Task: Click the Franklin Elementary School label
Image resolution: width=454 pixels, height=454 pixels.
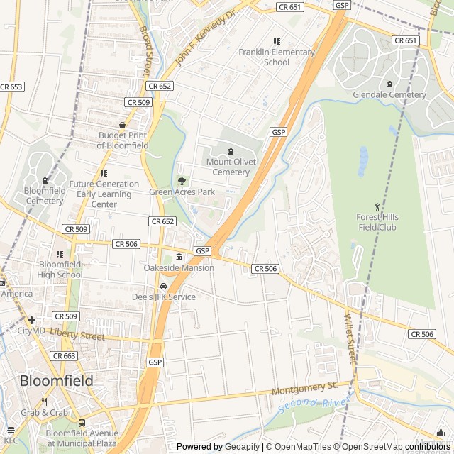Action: click(276, 57)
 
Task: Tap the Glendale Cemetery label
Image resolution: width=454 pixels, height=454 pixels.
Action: click(389, 94)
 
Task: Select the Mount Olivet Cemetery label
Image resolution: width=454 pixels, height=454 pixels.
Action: click(231, 167)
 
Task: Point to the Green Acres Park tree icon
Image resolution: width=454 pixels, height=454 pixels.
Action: click(182, 181)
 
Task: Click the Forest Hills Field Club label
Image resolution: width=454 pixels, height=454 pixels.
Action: click(377, 222)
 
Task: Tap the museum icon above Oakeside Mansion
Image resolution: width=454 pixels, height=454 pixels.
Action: click(179, 257)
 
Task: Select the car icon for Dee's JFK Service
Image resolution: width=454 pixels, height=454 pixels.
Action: click(163, 287)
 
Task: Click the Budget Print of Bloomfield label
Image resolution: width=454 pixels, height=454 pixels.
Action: click(123, 140)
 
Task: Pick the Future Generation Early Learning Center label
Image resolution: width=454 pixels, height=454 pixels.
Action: click(104, 194)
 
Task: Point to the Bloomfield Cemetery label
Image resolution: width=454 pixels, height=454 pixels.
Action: click(44, 196)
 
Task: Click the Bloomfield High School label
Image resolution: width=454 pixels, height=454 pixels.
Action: click(60, 270)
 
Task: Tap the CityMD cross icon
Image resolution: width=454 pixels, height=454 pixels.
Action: click(32, 320)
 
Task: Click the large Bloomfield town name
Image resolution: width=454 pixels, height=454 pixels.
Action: click(56, 381)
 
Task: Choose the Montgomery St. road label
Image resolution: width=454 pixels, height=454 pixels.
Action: click(304, 389)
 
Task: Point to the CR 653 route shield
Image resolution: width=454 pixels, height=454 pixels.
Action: click(11, 87)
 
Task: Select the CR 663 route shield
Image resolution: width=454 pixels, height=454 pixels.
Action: click(65, 355)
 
